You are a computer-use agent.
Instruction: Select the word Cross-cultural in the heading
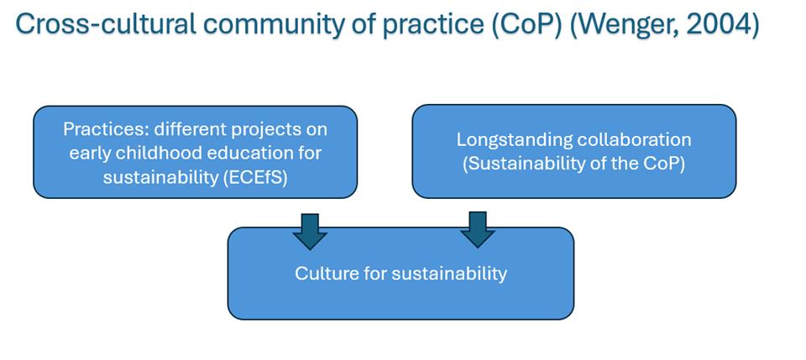[x=106, y=24]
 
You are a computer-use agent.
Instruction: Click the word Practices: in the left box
[x=107, y=129]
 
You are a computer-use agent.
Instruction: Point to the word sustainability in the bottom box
[x=448, y=274]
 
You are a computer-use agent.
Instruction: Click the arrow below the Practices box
[x=310, y=231]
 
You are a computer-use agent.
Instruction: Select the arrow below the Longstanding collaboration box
[x=478, y=230]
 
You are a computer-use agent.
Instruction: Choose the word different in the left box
[x=191, y=129]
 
